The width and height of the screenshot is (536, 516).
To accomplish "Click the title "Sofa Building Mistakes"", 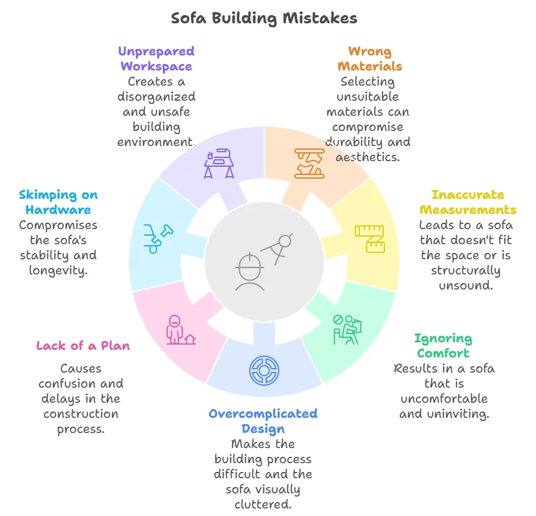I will point(264,18).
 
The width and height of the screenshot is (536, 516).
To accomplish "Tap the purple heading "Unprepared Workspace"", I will point(157,59).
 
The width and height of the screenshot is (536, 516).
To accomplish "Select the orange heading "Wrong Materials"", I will point(369,59).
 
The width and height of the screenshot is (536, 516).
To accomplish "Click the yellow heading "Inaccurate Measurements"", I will point(467,202).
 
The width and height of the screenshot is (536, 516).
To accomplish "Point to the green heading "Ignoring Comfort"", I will point(443,345).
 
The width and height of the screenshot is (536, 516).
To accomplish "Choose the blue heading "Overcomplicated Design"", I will point(263,421).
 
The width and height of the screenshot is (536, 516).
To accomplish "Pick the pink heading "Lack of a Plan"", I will point(83,345).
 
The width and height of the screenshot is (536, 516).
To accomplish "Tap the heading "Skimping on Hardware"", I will point(59,202).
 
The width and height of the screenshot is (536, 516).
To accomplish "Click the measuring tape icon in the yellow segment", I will point(370,238).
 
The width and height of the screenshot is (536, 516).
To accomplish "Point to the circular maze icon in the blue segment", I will point(264,370).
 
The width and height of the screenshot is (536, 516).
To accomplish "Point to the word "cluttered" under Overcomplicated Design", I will point(263,504).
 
